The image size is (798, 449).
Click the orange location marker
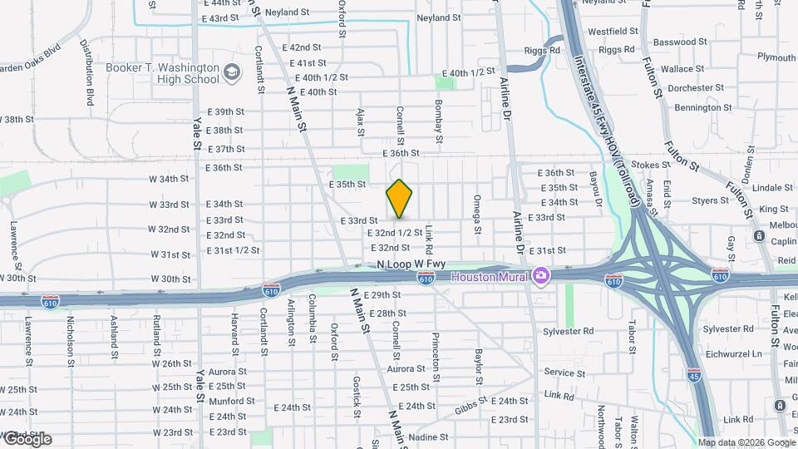click(x=400, y=199)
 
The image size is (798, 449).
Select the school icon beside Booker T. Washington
click(x=232, y=76)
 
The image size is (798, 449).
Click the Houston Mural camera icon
click(x=541, y=274)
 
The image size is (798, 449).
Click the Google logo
click(x=27, y=439)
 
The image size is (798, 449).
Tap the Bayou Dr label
click(x=596, y=189)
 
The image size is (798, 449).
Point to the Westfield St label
click(x=613, y=31)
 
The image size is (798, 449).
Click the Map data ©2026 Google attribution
click(x=746, y=442)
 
